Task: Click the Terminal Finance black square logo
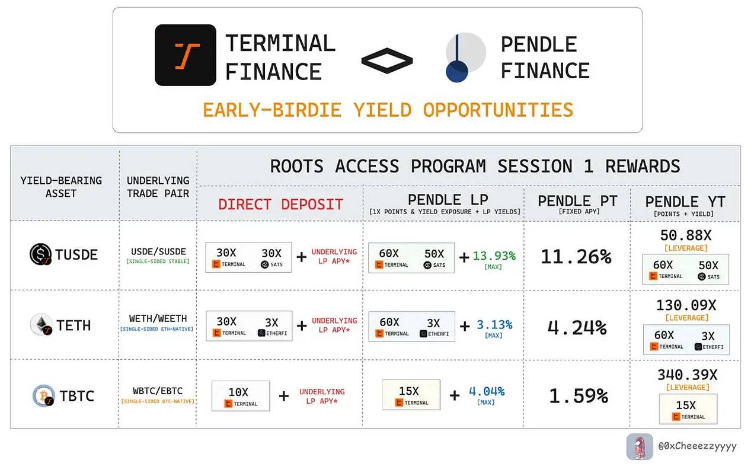click(186, 55)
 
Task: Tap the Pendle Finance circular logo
click(465, 57)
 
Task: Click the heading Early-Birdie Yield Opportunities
click(388, 110)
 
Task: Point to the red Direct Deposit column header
click(280, 205)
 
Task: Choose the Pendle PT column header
click(577, 202)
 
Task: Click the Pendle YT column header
click(685, 202)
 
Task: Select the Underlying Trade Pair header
click(158, 187)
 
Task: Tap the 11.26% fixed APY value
click(575, 257)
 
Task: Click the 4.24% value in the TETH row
click(577, 327)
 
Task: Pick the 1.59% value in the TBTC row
click(578, 395)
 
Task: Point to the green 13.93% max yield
click(494, 256)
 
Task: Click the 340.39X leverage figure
click(687, 375)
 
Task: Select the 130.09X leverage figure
click(686, 305)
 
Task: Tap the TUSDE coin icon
click(41, 255)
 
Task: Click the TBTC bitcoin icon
click(44, 395)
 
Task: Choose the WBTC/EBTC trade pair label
click(157, 391)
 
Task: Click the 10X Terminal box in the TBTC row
click(240, 396)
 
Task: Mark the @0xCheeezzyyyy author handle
click(697, 446)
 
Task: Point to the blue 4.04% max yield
click(486, 391)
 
